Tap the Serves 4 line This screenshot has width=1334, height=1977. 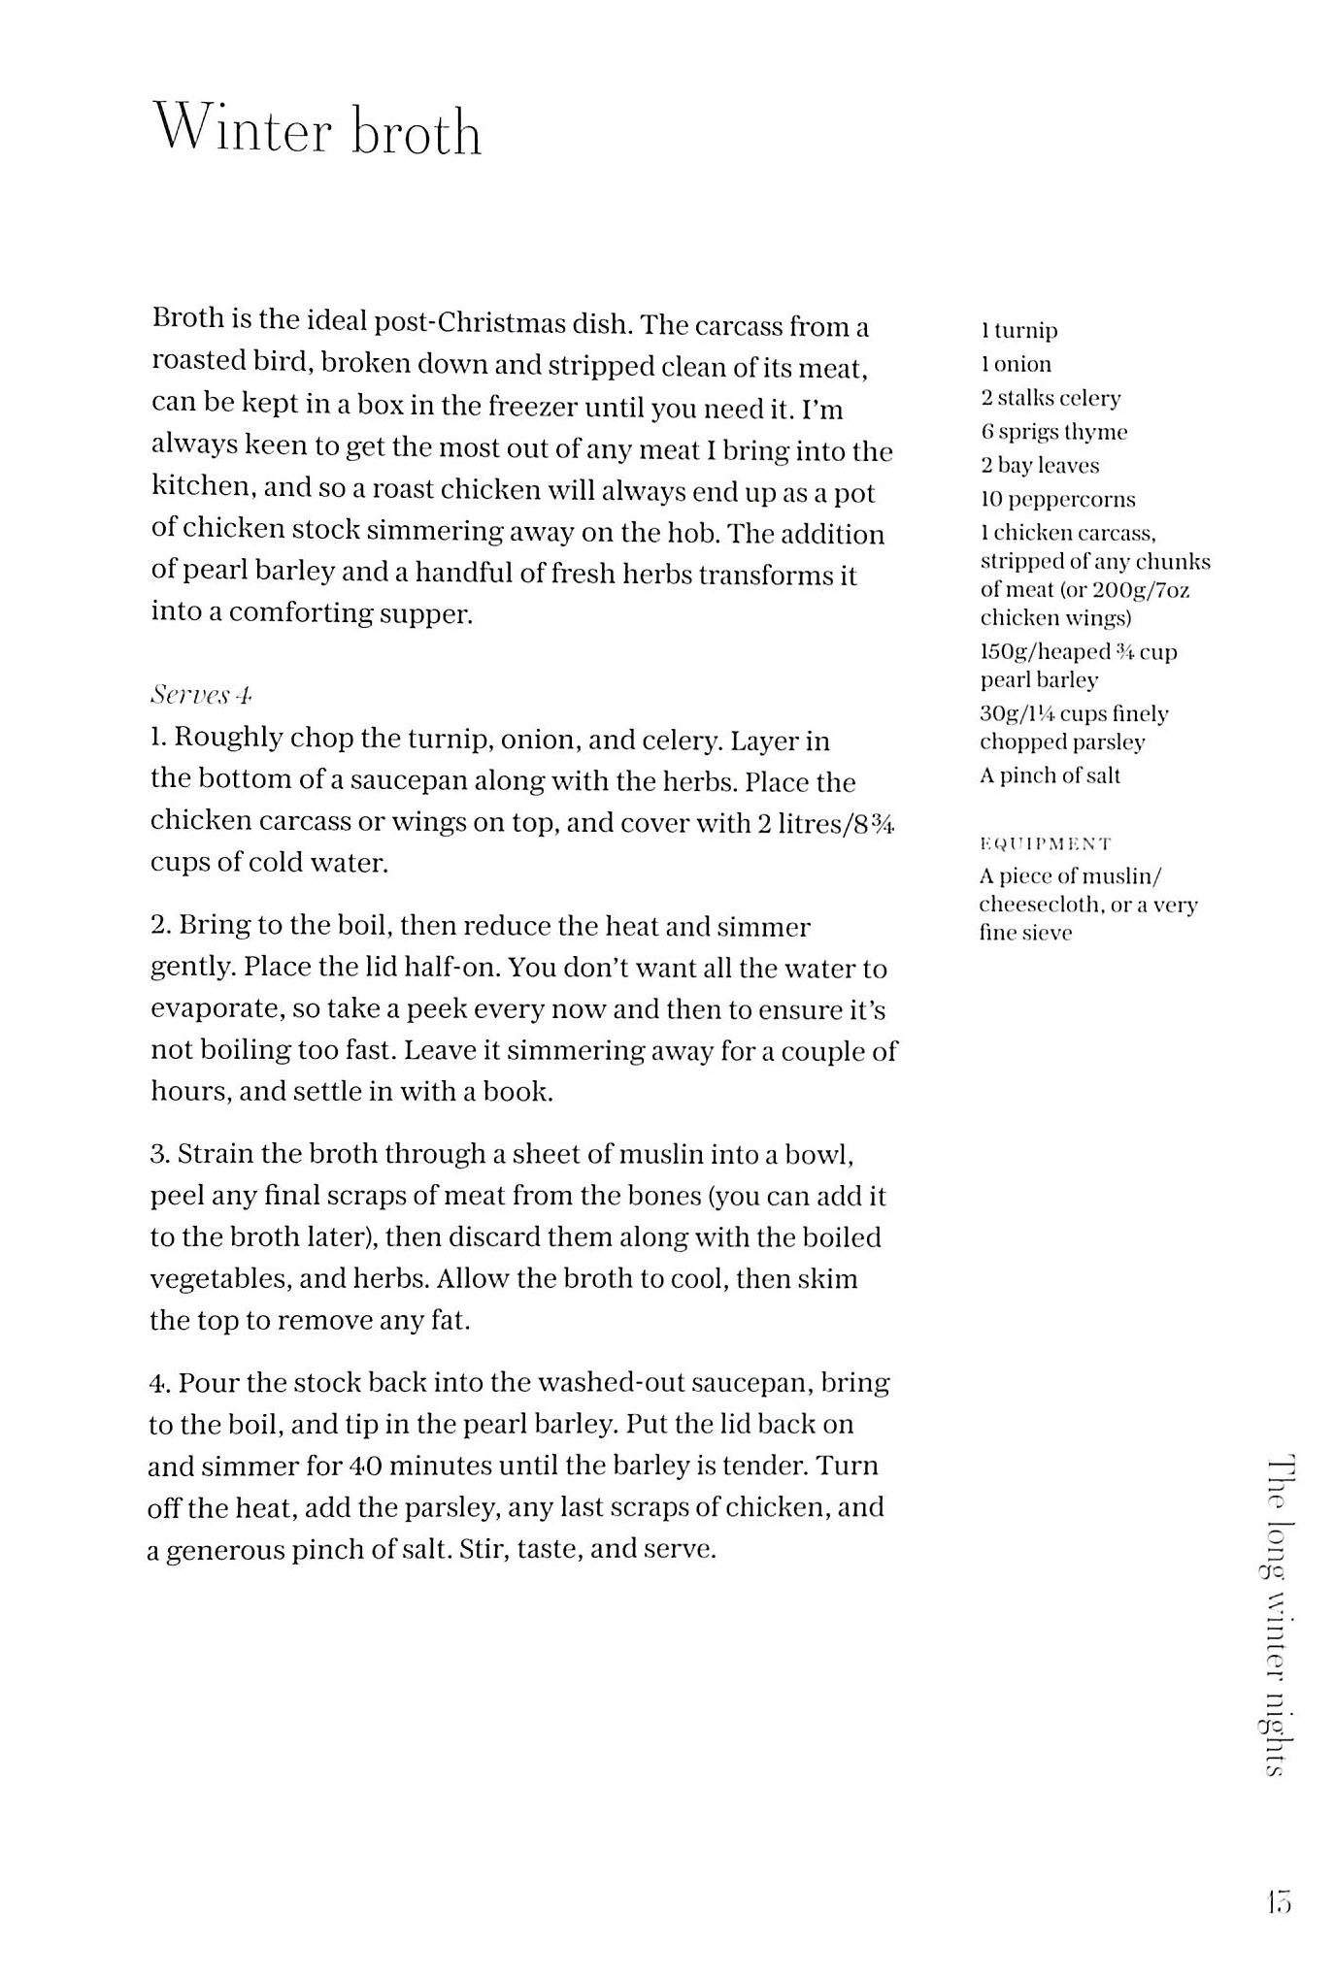click(201, 695)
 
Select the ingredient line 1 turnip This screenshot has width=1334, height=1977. click(1018, 330)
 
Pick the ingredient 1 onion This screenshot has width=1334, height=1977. click(1016, 364)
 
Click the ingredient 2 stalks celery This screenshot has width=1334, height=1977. click(1050, 398)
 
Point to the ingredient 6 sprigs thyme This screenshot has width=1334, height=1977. click(1053, 432)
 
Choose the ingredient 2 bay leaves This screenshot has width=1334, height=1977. click(1039, 466)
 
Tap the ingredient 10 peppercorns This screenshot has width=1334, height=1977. click(1057, 500)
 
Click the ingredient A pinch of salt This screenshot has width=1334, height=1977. click(1050, 775)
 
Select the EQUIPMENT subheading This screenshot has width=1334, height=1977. click(1045, 843)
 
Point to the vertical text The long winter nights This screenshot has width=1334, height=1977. click(1280, 1615)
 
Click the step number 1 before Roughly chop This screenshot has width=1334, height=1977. click(158, 738)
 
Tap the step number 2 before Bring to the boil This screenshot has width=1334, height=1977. click(160, 926)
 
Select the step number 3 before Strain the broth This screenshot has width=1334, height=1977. click(160, 1154)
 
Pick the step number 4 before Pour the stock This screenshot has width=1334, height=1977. click(160, 1383)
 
